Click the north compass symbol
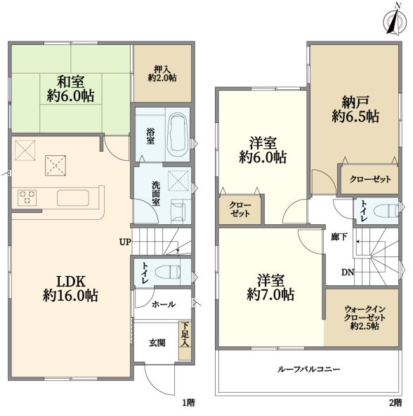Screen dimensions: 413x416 (x=395, y=21)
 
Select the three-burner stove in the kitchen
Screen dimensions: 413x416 (x=27, y=197)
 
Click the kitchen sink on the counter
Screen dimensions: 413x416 (x=72, y=198)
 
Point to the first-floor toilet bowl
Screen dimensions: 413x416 (x=167, y=273)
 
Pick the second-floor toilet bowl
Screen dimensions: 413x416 (x=386, y=212)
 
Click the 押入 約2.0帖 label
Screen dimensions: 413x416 (x=162, y=74)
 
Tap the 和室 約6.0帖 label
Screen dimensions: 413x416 (x=70, y=89)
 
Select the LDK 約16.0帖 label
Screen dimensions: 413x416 (x=70, y=289)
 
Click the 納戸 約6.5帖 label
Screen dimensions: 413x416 (x=355, y=110)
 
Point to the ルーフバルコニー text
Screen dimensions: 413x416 (x=308, y=369)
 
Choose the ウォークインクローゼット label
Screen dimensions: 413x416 (x=365, y=318)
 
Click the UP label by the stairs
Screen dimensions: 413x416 (x=125, y=242)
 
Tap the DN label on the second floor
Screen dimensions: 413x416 (x=348, y=272)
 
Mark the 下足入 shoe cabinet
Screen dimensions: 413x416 (x=185, y=341)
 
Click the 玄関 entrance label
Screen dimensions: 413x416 (x=157, y=343)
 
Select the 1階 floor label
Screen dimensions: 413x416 (x=188, y=403)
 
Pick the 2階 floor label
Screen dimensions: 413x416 (x=395, y=403)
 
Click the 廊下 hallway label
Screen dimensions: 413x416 (x=339, y=237)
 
